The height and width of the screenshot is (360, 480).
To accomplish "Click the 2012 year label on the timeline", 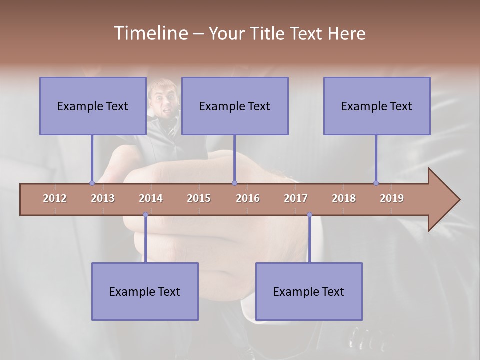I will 55,198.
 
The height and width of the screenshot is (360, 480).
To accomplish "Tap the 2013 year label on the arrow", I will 103,198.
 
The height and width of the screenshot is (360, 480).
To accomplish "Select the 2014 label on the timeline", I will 151,198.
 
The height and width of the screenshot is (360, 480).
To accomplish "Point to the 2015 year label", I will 199,198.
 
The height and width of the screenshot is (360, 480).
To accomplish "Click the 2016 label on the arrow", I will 248,198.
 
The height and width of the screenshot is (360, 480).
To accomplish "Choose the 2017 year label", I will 296,198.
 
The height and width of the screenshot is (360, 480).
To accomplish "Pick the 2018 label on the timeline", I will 344,198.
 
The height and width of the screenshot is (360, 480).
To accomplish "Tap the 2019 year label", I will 392,198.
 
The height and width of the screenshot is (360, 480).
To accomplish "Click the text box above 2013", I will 93,106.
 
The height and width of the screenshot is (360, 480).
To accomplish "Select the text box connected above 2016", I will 235,106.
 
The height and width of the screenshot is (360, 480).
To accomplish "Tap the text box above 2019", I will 377,106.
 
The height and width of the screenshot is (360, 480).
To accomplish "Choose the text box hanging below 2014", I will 145,291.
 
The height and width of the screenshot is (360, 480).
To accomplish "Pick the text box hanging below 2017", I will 309,291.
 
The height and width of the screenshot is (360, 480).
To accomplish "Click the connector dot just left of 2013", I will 92,183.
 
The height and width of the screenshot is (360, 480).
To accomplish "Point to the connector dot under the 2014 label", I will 145,215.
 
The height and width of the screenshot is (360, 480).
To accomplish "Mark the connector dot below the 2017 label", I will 309,215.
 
